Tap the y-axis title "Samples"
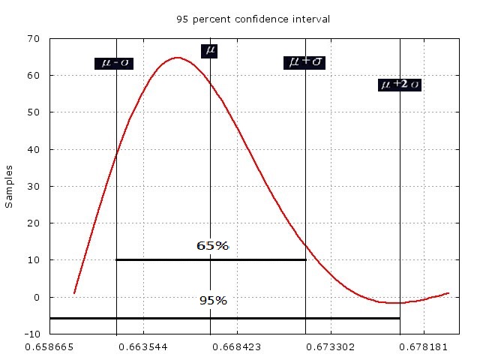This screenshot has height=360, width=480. pos(10,186)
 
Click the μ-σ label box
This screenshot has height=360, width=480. pos(114,63)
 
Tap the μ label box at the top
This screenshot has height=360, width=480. pos(211,50)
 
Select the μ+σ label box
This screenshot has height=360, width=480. pos(305,62)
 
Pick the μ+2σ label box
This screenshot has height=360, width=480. pos(400,85)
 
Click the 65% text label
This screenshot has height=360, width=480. pos(212,245)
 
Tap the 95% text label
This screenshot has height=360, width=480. pos(213,301)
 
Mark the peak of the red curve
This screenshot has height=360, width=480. pos(177,58)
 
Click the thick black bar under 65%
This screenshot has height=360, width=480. pos(211,260)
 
